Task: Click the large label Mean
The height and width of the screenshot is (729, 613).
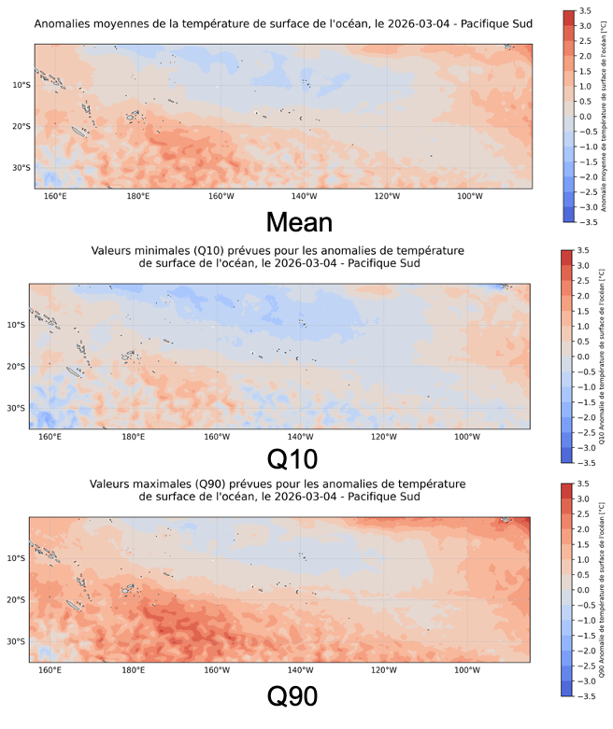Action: (x=298, y=222)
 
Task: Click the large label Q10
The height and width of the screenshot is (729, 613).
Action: (x=292, y=458)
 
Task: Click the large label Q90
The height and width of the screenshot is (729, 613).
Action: (x=292, y=696)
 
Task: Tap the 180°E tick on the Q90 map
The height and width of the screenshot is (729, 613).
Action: (x=133, y=670)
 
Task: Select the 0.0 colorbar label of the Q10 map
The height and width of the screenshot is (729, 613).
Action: (x=581, y=357)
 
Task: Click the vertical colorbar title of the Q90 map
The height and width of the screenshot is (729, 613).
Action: (x=603, y=590)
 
